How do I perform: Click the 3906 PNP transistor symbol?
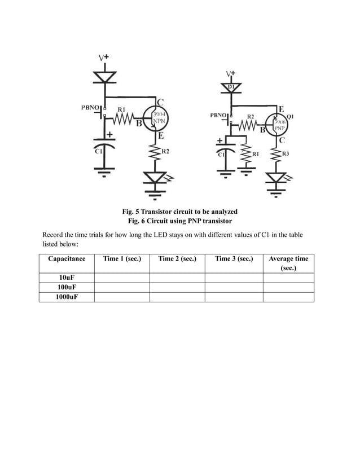tap(280, 124)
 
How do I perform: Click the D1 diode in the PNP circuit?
tap(231, 87)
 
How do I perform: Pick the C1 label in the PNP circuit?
tap(221, 153)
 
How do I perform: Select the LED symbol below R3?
tap(276, 178)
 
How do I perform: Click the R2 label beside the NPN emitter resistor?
tap(165, 151)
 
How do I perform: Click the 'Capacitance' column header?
tap(67, 259)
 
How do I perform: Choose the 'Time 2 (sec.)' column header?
tap(177, 259)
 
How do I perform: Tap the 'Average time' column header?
tap(288, 259)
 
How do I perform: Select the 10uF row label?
tap(67, 278)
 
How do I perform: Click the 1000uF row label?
tap(67, 297)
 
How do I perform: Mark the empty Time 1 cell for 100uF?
tap(122, 287)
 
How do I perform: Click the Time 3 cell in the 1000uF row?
tap(234, 297)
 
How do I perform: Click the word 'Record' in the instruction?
tap(54, 235)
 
